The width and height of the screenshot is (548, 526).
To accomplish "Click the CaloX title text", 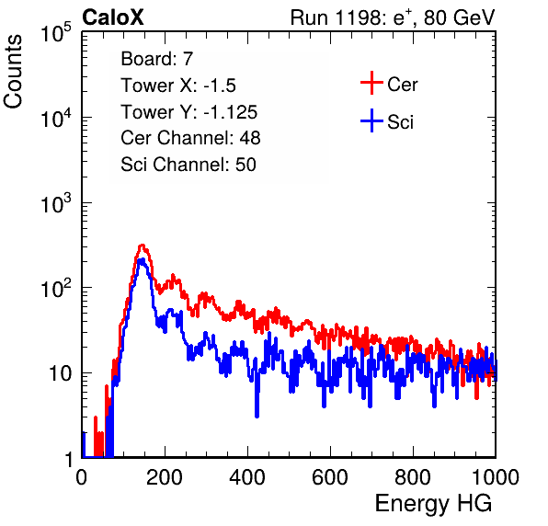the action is click(113, 17).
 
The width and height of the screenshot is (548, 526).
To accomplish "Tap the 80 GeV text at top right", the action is click(460, 17).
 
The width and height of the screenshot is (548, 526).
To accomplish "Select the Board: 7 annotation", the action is click(156, 59).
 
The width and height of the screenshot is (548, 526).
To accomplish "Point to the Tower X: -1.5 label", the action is click(178, 86).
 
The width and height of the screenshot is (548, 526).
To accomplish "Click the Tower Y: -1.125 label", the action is click(189, 112).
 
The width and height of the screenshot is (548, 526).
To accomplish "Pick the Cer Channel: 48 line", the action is click(190, 138).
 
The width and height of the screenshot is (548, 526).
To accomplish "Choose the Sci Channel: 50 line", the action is click(188, 165).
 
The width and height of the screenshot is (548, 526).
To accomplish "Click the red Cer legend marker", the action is click(371, 83).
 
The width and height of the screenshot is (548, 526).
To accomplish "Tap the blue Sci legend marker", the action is click(371, 120).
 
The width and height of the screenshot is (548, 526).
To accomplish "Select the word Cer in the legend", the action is click(402, 85).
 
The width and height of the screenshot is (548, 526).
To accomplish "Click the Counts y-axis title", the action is click(13, 72).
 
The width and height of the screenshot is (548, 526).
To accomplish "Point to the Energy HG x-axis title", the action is click(433, 504).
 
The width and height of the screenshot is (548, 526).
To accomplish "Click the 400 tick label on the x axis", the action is click(247, 477).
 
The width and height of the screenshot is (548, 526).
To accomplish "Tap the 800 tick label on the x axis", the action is click(413, 477).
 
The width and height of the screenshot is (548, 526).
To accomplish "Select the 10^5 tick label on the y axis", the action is click(56, 32).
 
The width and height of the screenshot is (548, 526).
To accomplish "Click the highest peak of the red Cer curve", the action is click(142, 246).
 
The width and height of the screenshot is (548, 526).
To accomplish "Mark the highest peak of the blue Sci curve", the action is click(142, 260).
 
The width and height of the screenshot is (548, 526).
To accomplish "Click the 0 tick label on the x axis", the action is click(82, 477).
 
